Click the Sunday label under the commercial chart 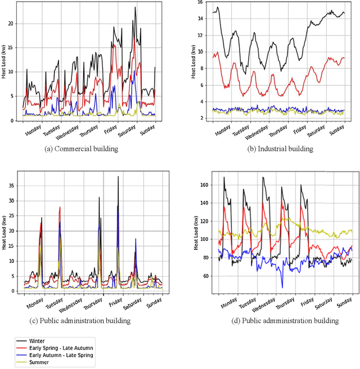(x=147, y=133)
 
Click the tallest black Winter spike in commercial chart (x=135, y=7)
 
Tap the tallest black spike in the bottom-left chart (x=118, y=177)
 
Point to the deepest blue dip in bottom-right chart (x=282, y=287)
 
